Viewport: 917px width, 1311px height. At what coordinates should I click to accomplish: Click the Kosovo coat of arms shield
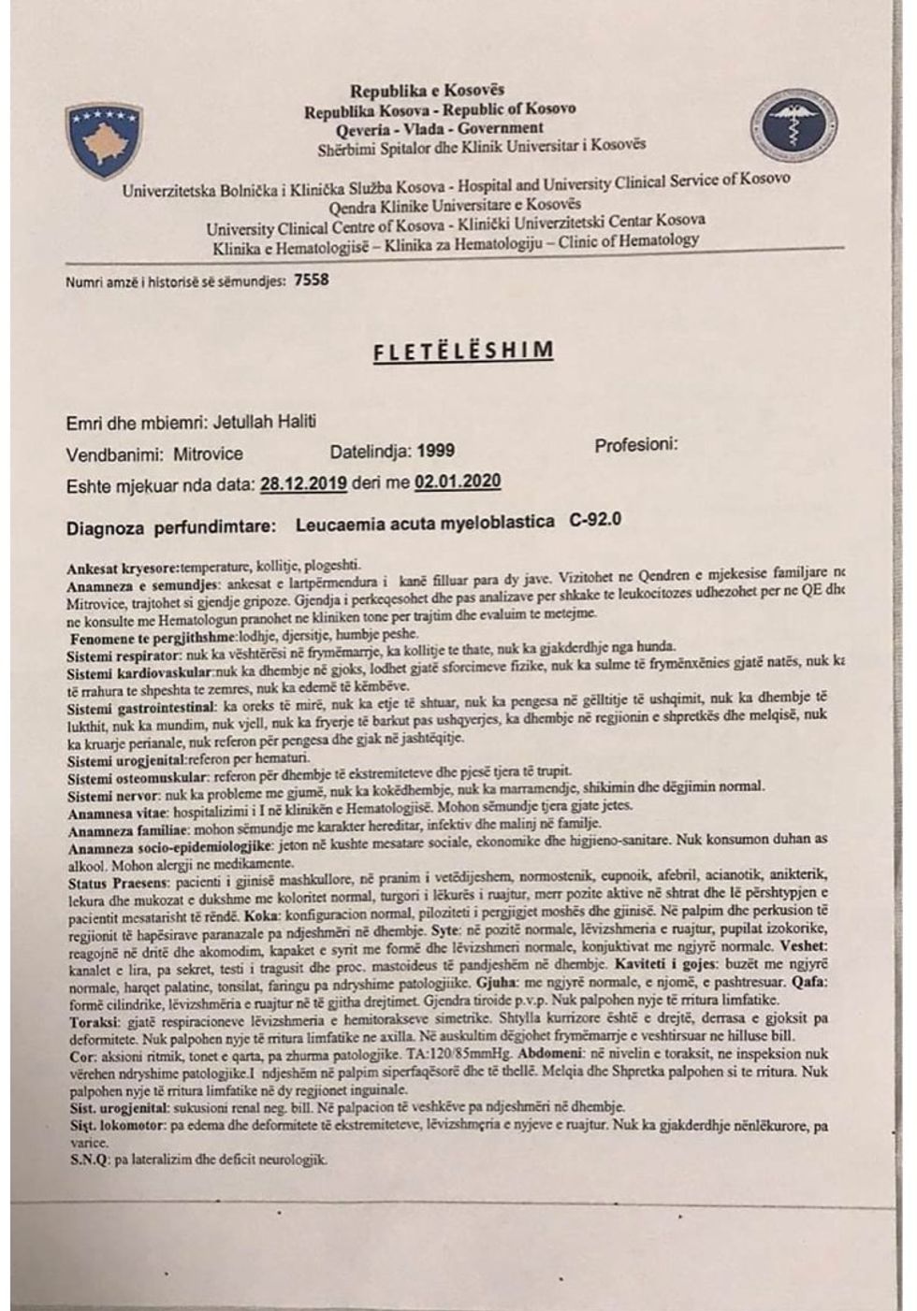[104, 140]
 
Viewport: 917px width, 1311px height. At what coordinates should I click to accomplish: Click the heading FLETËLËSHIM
[462, 352]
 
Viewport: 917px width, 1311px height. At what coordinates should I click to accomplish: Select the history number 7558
[311, 280]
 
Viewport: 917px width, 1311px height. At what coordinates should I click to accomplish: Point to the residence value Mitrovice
[208, 454]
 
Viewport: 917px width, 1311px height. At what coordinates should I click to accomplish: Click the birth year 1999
[435, 451]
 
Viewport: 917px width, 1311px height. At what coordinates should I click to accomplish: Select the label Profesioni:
[635, 445]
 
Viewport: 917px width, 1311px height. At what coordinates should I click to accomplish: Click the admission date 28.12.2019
[304, 484]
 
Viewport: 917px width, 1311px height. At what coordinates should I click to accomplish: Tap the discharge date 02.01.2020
[458, 483]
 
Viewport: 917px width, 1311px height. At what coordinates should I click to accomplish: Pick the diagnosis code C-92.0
[595, 520]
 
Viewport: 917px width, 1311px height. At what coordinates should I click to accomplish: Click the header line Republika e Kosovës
[427, 91]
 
